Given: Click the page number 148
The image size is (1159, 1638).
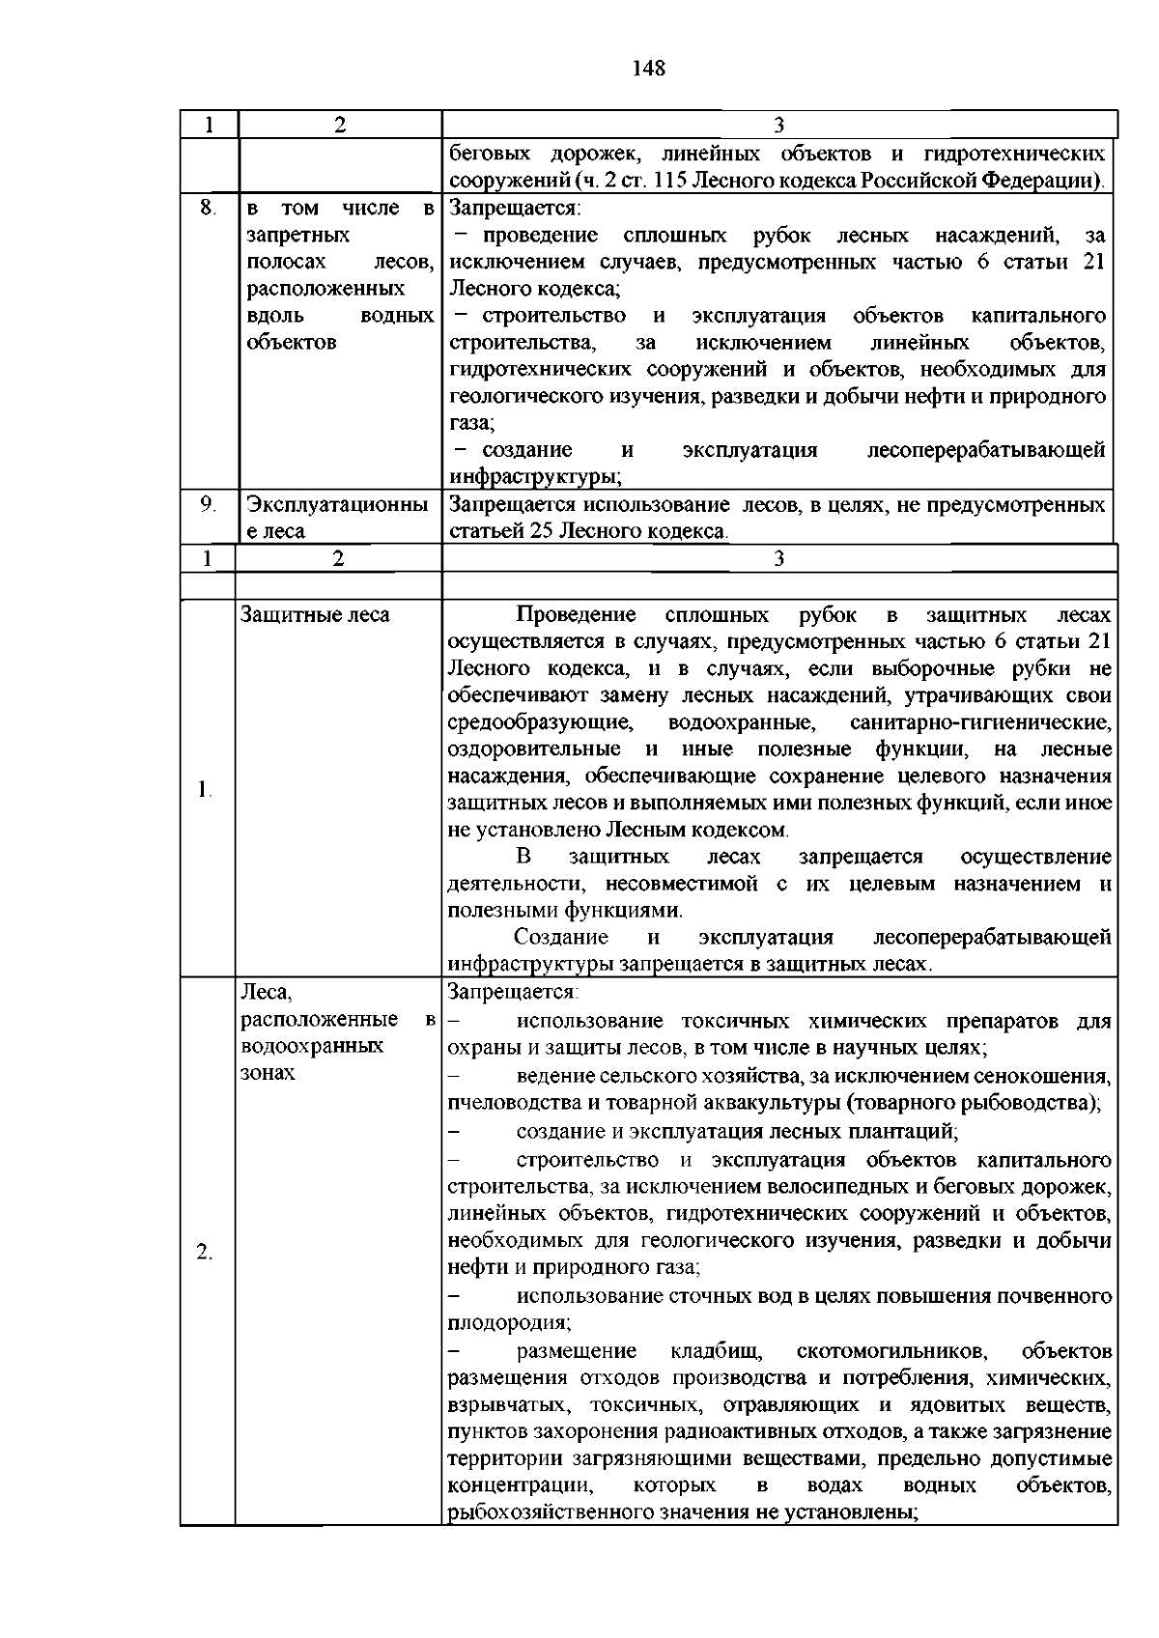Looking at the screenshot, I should pyautogui.click(x=648, y=68).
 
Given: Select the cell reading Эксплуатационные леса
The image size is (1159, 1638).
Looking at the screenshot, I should pyautogui.click(x=336, y=518).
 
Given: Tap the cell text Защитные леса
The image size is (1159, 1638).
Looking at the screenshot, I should pyautogui.click(x=315, y=615).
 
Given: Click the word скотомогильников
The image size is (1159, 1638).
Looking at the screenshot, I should pyautogui.click(x=890, y=1350).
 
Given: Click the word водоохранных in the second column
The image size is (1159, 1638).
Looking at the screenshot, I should pyautogui.click(x=312, y=1046).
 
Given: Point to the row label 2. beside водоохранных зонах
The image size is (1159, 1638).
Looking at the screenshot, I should pyautogui.click(x=204, y=1253).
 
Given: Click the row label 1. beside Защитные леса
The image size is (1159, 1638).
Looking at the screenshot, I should pyautogui.click(x=204, y=790).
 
